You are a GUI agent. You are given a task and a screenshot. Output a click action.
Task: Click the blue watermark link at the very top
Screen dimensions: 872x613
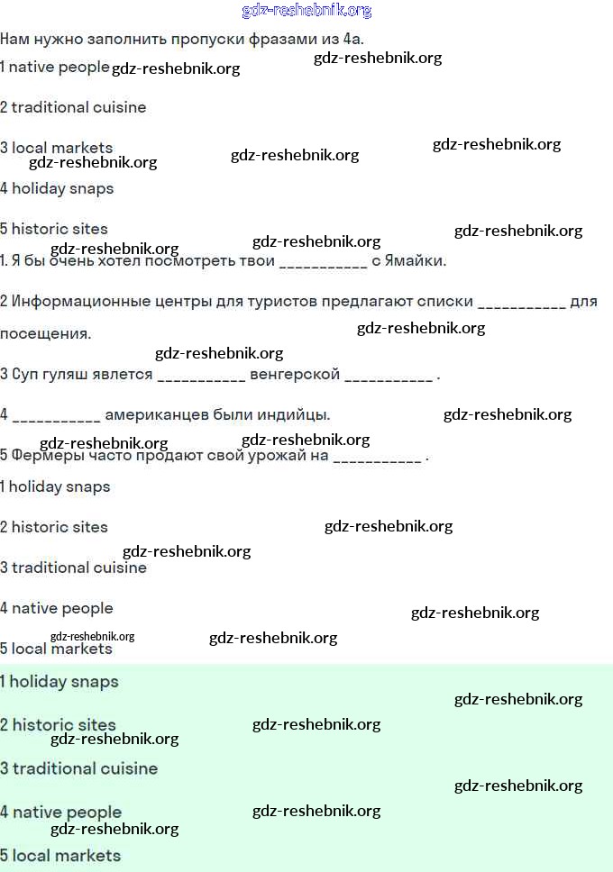[x=306, y=11]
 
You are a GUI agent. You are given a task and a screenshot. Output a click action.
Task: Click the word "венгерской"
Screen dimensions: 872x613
[x=295, y=374]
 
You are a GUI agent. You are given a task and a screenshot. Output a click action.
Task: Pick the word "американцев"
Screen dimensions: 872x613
[x=157, y=414]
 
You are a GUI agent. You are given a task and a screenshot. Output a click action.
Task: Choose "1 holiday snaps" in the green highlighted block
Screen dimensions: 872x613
[x=59, y=682]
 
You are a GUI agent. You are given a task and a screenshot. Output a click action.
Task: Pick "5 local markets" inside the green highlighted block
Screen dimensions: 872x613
[x=60, y=855]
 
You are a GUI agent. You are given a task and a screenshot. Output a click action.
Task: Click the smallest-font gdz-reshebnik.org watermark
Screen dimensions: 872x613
[x=93, y=636]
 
